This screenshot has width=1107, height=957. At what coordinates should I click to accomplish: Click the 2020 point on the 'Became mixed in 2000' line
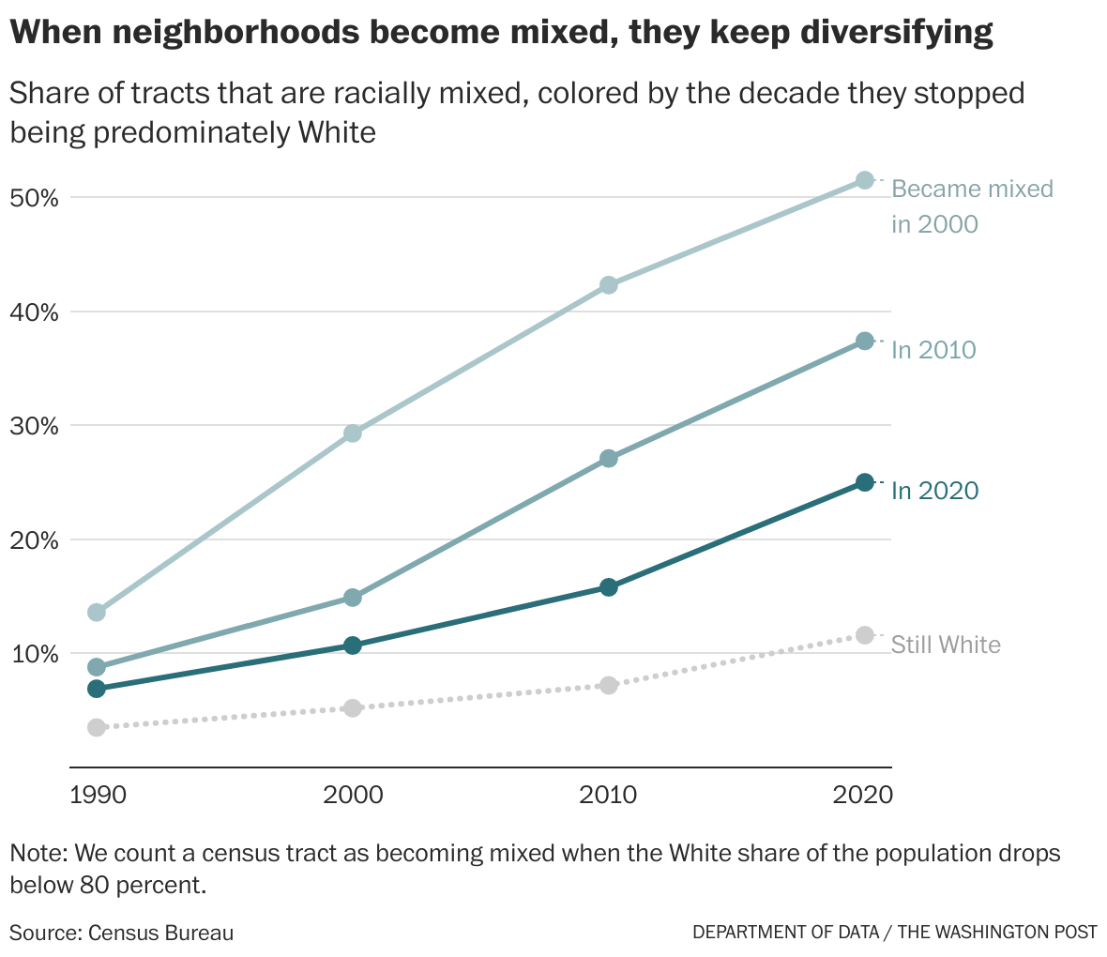tap(865, 180)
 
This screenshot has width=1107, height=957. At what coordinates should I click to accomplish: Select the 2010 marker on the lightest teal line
tap(608, 285)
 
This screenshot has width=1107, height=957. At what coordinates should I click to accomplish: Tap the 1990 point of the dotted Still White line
tap(96, 727)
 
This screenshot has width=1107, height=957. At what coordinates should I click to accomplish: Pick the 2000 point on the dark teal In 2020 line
tap(353, 646)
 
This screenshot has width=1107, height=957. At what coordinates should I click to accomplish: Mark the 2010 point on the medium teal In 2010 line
tap(608, 459)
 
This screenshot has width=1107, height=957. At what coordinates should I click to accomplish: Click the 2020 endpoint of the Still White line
tap(865, 635)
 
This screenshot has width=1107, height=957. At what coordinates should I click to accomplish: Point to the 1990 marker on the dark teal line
tap(96, 689)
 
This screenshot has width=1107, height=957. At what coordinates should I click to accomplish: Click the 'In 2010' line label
tap(933, 350)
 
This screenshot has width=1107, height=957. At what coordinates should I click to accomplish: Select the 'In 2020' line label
tap(934, 491)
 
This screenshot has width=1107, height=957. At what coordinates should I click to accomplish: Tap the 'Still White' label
tap(946, 645)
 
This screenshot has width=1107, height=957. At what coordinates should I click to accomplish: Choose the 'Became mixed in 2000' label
tap(971, 206)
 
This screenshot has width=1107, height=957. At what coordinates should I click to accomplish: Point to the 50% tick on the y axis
tap(36, 198)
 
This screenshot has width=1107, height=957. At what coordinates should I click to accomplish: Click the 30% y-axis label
tap(36, 426)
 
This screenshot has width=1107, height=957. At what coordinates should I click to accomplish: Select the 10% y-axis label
tap(36, 654)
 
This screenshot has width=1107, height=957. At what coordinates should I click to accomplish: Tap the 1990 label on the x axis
tap(98, 796)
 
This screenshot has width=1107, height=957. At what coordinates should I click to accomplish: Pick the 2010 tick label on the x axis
tap(608, 796)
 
